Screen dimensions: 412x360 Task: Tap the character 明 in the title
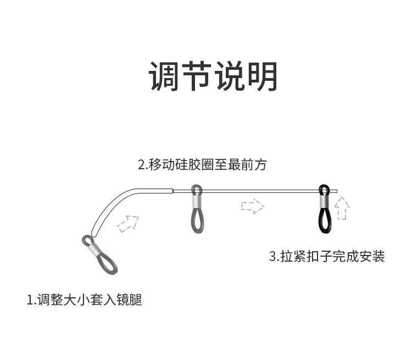click(x=262, y=76)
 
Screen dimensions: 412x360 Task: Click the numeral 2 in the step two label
click(x=141, y=164)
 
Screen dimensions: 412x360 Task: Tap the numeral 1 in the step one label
click(x=30, y=300)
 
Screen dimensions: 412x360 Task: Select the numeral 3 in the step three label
click(x=272, y=256)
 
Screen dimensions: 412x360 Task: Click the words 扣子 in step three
click(x=319, y=256)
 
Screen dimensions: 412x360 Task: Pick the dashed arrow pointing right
click(x=252, y=207)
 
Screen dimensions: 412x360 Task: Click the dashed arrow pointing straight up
click(x=342, y=208)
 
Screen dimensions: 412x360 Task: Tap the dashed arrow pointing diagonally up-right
click(x=128, y=223)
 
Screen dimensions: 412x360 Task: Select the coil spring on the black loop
click(x=324, y=201)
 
